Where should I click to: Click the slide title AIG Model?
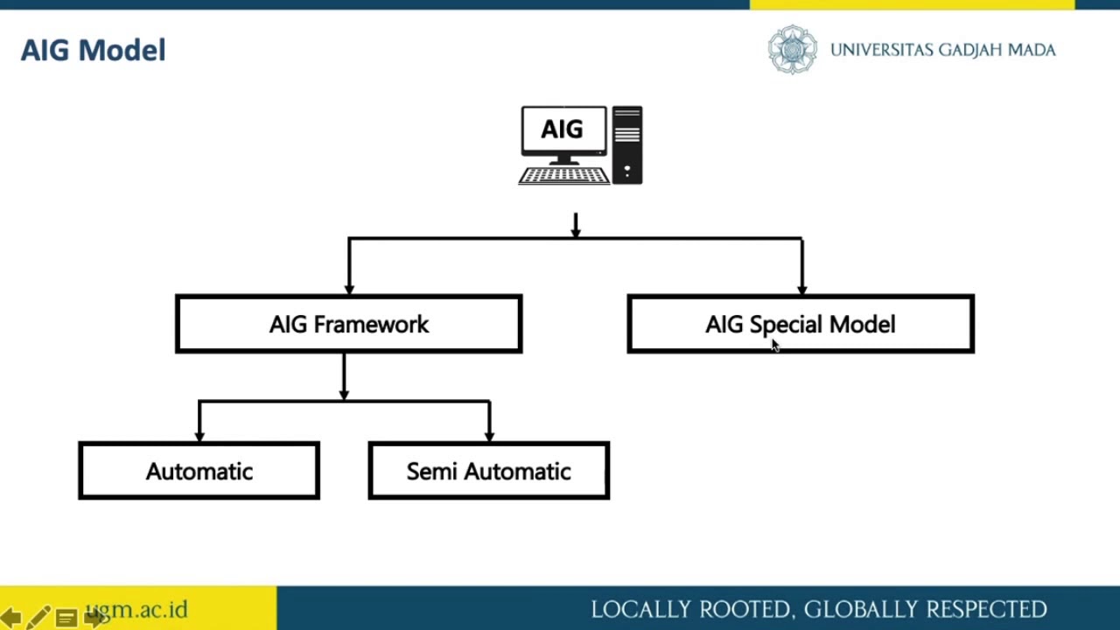[x=93, y=51]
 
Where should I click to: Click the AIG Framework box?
[x=348, y=325]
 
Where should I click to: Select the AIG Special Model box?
[x=800, y=325]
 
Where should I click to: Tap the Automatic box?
[x=199, y=472]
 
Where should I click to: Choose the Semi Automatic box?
[x=488, y=472]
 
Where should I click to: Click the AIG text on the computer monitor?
[x=562, y=130]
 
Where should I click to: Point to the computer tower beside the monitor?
[x=627, y=144]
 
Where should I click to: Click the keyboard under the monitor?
[x=563, y=176]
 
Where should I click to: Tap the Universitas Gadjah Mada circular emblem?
[x=792, y=50]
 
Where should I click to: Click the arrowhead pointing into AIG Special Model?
[x=802, y=289]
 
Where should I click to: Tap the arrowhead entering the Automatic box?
[x=199, y=435]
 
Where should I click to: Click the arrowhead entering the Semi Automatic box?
[x=489, y=435]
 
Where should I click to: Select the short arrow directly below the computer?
[x=576, y=226]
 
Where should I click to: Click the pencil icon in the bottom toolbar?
[x=38, y=618]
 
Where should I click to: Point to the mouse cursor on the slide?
[x=774, y=346]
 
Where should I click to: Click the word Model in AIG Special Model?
[x=862, y=325]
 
